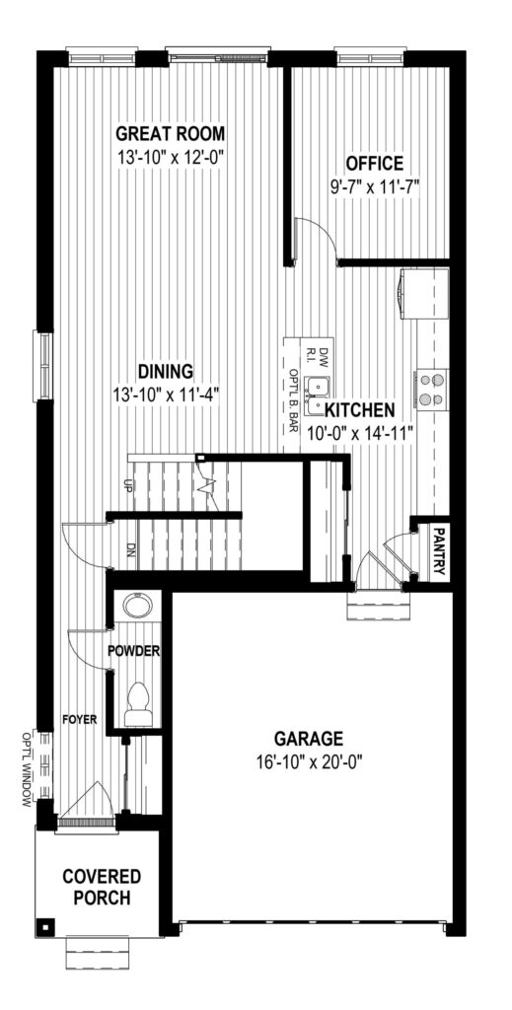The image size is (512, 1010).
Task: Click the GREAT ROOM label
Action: [x=170, y=134]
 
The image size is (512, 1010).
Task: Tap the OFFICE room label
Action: [x=374, y=163]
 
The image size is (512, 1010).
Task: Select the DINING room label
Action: [x=166, y=372]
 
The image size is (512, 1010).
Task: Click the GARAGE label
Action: [x=309, y=738]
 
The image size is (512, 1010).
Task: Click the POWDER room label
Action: [x=133, y=651]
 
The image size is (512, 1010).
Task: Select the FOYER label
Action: [x=80, y=719]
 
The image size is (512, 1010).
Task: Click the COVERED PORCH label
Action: [x=101, y=887]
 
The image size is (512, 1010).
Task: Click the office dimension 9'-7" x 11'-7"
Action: [x=374, y=186]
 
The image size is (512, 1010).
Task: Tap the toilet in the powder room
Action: [x=138, y=704]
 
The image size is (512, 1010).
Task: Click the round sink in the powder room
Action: [x=137, y=607]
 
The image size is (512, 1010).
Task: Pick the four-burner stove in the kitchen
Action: [x=432, y=389]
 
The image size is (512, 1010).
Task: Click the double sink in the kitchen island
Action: [x=318, y=397]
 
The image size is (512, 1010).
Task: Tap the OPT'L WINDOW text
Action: [x=27, y=768]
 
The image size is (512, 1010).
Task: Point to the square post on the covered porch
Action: [x=45, y=927]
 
